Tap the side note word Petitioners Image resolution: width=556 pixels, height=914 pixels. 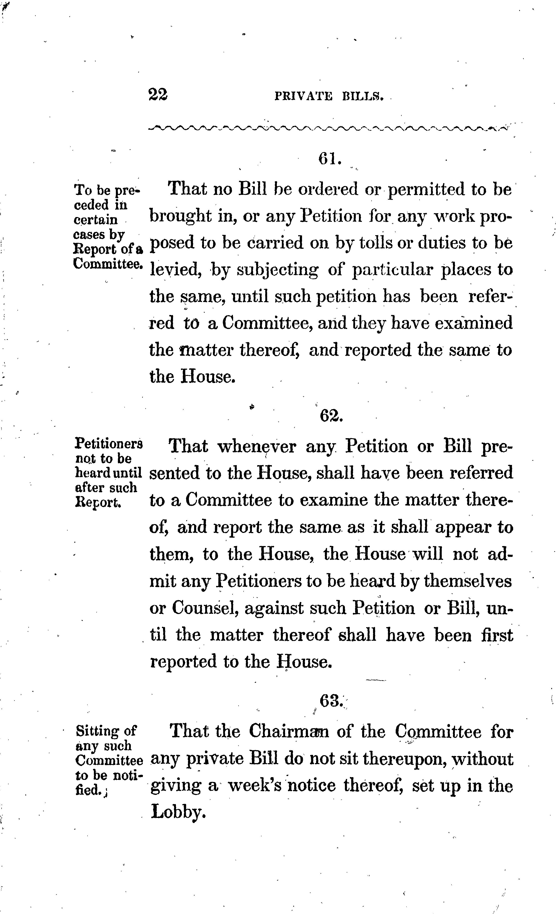coord(109,444)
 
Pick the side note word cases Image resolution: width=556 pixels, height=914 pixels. coord(89,235)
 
